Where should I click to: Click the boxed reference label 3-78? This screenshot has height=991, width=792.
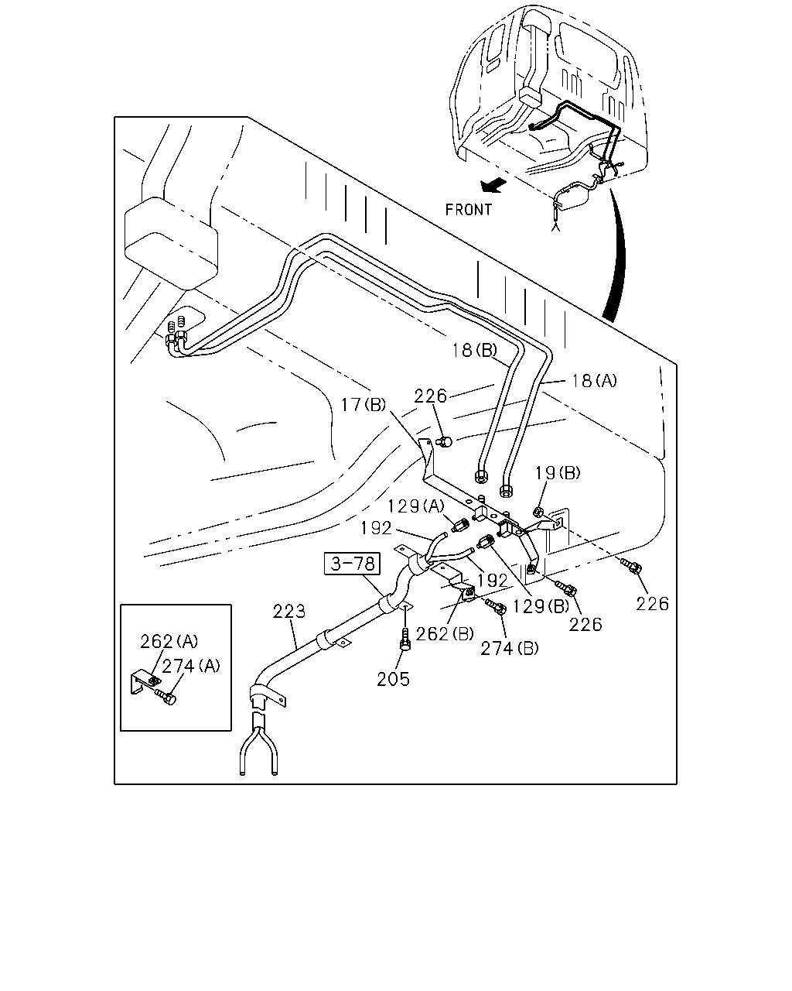(352, 564)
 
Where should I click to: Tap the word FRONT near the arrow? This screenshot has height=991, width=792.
(469, 210)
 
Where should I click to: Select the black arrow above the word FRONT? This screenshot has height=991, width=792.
(493, 186)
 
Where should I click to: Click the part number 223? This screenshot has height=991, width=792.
(289, 612)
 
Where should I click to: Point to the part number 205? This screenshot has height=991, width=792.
(393, 679)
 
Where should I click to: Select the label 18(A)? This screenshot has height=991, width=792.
(594, 381)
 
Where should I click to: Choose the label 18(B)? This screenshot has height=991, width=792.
(474, 351)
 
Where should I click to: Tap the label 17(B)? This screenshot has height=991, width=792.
(363, 405)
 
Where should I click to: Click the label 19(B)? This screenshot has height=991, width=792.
(558, 473)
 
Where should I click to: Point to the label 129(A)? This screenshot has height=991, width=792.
(416, 506)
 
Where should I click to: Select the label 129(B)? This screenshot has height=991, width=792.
(541, 606)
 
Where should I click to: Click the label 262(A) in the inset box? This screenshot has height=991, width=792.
(169, 642)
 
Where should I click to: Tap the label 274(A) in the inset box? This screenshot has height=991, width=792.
(191, 666)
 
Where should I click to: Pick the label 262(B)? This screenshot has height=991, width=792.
(445, 634)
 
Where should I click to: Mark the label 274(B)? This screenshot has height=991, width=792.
(510, 649)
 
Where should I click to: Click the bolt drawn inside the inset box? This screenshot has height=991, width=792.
(166, 698)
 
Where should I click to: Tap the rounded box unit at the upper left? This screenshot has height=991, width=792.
(171, 243)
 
